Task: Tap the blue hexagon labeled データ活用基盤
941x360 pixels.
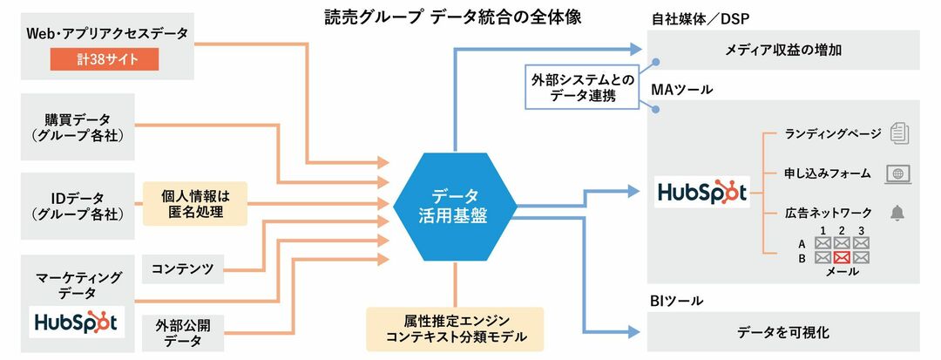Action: tap(454, 206)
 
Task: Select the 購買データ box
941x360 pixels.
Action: tap(78, 127)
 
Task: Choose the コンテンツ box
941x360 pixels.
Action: tap(182, 268)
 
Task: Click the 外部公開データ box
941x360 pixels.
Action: tap(182, 331)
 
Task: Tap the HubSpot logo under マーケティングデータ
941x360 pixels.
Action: tap(77, 322)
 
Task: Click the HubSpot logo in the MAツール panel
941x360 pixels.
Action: tap(702, 192)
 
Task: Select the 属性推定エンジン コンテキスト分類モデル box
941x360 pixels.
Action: tap(454, 329)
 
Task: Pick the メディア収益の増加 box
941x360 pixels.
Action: tap(783, 50)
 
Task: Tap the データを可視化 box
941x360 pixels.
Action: tap(783, 331)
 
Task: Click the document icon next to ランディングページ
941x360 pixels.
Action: tap(898, 133)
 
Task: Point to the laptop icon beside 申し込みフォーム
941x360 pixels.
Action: tap(898, 173)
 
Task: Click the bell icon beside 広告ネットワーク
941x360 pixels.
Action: tap(898, 213)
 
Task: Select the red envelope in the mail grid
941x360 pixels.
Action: tap(841, 258)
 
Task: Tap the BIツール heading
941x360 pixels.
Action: tap(677, 301)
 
